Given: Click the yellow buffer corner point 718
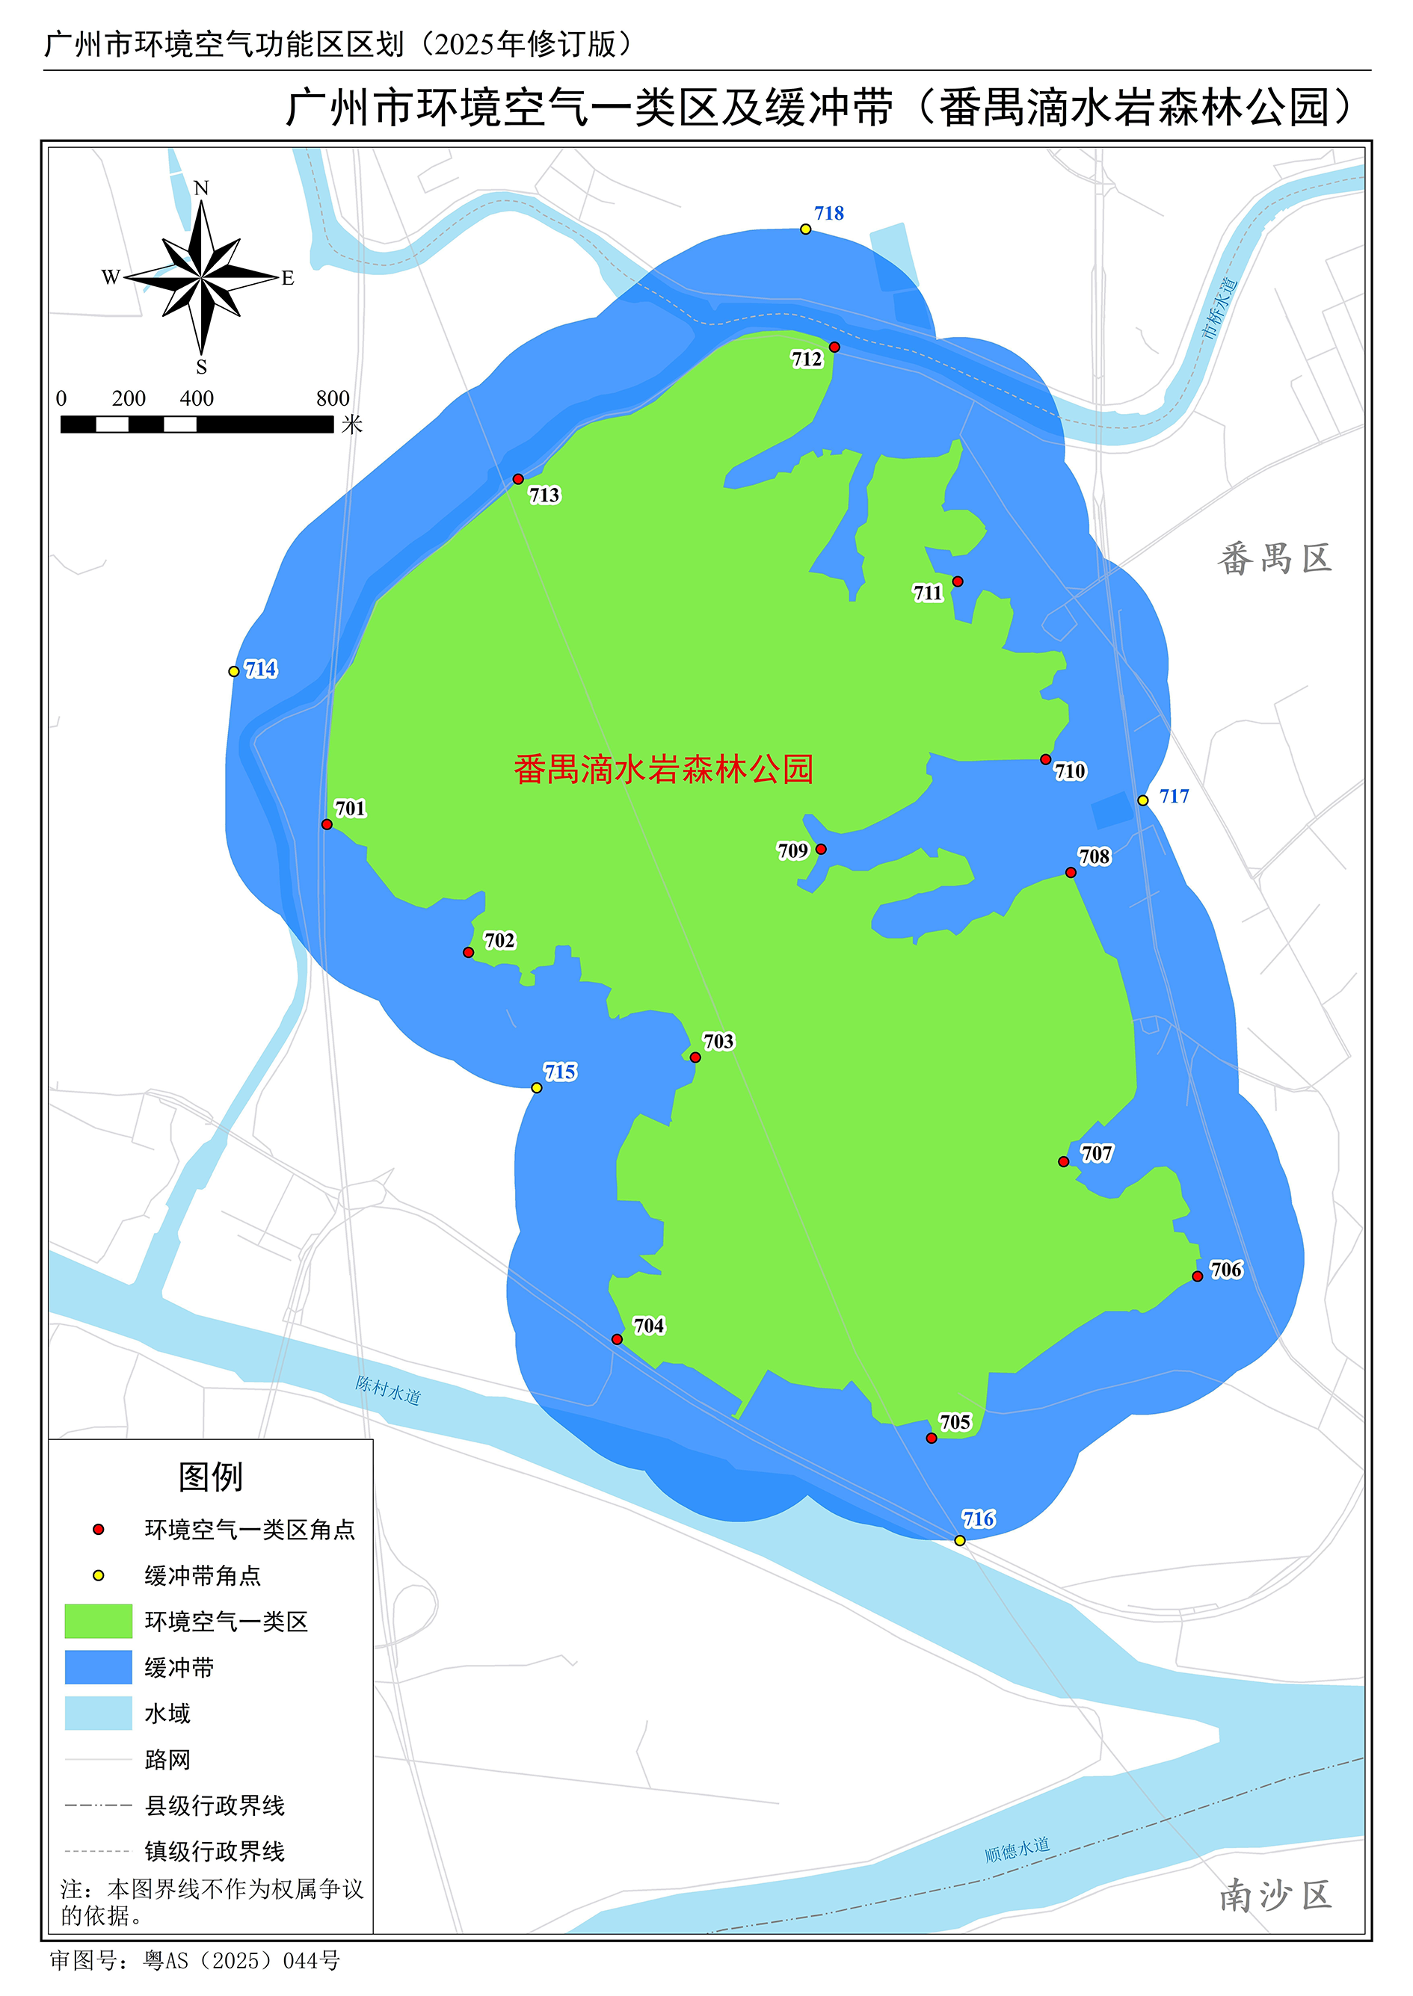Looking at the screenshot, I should point(806,229).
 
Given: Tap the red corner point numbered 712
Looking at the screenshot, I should point(834,347).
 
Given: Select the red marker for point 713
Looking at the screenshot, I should point(519,479).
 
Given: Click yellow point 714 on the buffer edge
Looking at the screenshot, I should point(234,671).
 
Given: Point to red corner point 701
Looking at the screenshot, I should point(327,824).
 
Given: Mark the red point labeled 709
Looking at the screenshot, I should point(822,849).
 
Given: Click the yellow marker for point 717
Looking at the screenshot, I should point(1143,800).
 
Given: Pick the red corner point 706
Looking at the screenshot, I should point(1198,1276).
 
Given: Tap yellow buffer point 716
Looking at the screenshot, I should point(960,1540).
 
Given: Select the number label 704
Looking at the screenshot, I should point(649,1326).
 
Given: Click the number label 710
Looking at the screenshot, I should point(1070,771).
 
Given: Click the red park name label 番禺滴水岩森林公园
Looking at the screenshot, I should point(663,770).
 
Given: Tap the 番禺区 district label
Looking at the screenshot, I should point(1275,559).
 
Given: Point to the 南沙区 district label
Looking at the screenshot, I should point(1275,1895).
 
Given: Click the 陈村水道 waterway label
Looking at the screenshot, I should point(388,1390).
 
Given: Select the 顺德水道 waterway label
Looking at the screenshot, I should point(1017,1849).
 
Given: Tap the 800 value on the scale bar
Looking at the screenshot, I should point(333,398).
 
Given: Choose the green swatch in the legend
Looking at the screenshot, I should point(99,1621).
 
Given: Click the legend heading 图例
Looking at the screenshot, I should point(211,1477).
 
